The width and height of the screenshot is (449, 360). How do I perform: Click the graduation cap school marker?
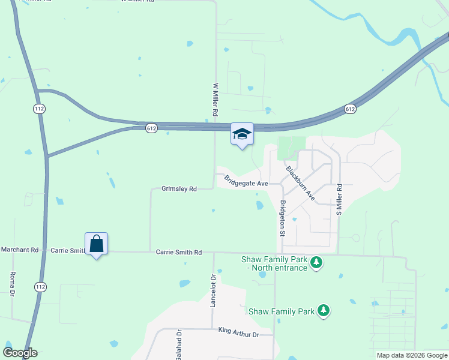click(243, 134)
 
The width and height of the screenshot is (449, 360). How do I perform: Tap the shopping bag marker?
click(96, 244)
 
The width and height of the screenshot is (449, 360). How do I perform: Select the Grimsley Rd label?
click(179, 189)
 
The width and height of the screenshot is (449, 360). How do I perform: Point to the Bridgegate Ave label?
click(246, 180)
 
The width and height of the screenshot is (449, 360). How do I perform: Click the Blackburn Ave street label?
click(300, 182)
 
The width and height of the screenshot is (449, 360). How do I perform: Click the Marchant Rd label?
click(19, 250)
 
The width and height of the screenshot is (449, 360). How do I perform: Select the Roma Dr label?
click(11, 284)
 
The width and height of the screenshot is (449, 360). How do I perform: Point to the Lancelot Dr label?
click(213, 291)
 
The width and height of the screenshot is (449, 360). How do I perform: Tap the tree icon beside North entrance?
click(316, 263)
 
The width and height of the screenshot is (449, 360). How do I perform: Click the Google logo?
click(20, 353)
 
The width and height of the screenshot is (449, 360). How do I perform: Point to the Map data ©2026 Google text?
click(412, 355)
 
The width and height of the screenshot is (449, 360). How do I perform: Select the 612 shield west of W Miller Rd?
click(151, 128)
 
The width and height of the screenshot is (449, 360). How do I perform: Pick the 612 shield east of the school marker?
click(351, 109)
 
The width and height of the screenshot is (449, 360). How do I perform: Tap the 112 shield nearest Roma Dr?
click(40, 287)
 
